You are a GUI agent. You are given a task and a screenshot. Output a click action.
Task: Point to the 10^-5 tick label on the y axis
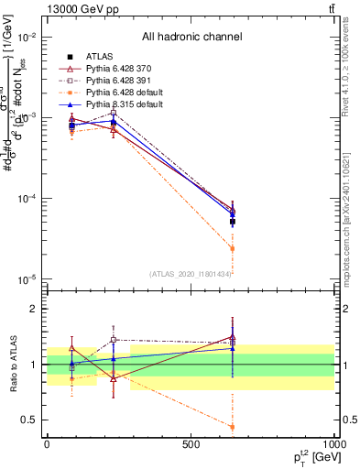(25, 279)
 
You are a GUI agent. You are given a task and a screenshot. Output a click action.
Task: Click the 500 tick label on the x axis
(191, 444)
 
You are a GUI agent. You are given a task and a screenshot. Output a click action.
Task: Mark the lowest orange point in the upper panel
(233, 248)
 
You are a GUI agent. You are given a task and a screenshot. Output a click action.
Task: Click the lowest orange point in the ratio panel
(233, 427)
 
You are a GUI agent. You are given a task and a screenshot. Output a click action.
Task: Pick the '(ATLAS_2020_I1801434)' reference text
(191, 274)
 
